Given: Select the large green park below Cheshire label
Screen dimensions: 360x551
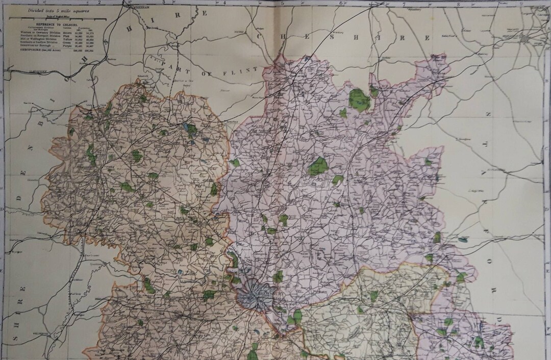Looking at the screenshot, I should (359, 100).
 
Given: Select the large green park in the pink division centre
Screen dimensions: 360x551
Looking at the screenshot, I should (318, 167).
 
